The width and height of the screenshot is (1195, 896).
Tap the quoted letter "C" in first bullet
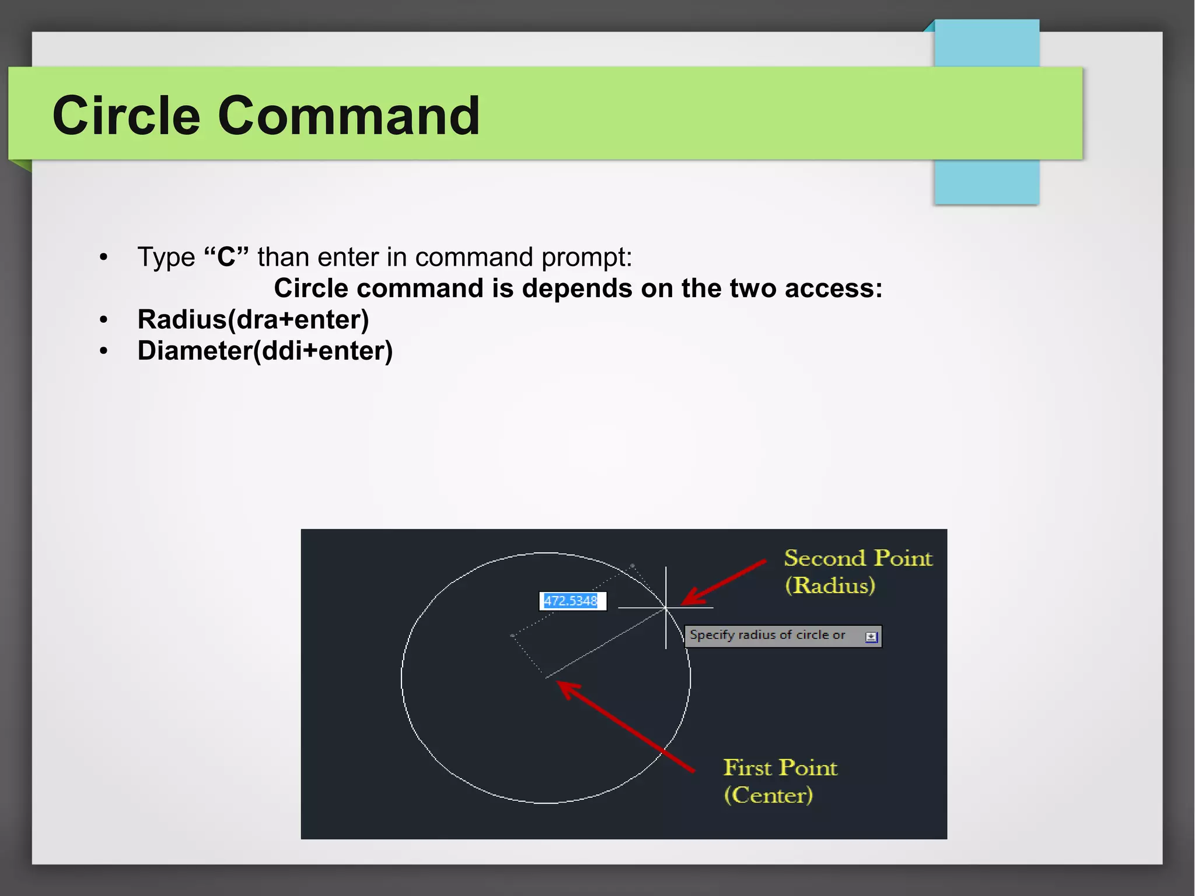(226, 257)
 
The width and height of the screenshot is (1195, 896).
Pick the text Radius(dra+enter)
(253, 319)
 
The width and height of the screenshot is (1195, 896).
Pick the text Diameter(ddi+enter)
(265, 351)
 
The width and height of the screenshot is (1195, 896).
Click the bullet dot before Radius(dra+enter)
(104, 320)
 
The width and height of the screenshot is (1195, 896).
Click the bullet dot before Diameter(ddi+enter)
(104, 351)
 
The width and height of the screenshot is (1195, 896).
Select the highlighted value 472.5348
(571, 601)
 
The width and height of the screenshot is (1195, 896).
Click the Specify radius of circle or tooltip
(767, 635)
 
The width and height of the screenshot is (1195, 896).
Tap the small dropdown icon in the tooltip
(871, 637)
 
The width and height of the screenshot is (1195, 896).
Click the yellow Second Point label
(858, 558)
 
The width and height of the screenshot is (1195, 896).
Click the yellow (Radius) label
(830, 585)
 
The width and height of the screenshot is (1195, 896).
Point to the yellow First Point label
(780, 768)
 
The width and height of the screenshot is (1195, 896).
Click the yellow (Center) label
(768, 795)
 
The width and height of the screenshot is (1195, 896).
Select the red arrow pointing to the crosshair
(724, 583)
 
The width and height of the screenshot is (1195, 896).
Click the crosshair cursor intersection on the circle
(666, 608)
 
